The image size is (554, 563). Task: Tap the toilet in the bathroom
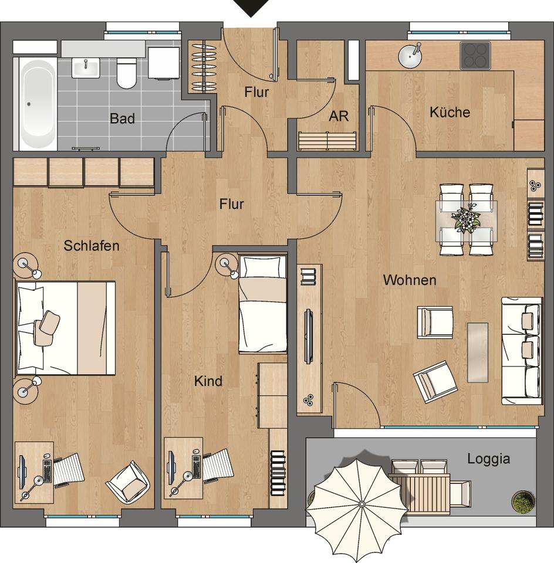(126, 73)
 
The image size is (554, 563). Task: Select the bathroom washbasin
(86, 68)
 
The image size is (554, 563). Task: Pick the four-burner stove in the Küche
(475, 56)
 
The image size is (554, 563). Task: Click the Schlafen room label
(91, 246)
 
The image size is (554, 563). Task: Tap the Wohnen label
(410, 280)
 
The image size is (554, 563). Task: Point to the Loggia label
(488, 459)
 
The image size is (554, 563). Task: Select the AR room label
(339, 116)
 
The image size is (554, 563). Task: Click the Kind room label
(208, 381)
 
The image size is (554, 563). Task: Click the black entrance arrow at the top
(252, 8)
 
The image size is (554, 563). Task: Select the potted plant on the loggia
(523, 500)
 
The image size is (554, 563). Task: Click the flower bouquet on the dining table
(465, 219)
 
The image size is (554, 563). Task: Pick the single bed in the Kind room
(263, 304)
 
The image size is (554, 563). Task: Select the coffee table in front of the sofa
(478, 352)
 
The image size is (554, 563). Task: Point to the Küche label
(450, 113)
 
